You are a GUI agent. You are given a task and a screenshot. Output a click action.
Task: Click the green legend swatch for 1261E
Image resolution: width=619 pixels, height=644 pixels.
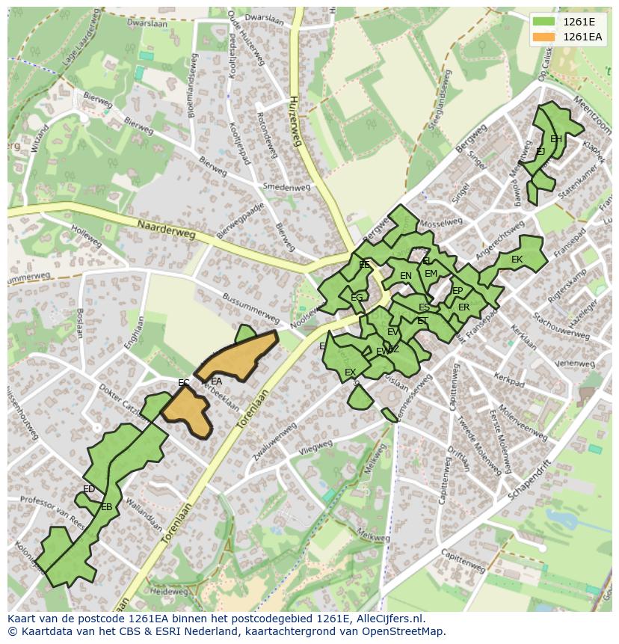coord(544,22)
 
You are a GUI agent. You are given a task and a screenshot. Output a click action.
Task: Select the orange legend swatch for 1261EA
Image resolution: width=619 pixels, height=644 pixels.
coord(544,37)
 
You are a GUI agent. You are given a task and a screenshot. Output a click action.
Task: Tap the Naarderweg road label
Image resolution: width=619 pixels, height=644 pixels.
coord(166,229)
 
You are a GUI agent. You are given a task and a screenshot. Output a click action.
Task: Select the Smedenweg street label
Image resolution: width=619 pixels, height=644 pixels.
coord(286,187)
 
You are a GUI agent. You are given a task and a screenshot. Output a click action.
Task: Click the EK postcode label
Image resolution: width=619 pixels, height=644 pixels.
coord(517,260)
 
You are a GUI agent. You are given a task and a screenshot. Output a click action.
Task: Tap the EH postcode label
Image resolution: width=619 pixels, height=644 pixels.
coord(555,139)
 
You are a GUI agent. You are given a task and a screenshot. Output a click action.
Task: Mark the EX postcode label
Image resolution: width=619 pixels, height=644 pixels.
coord(350,372)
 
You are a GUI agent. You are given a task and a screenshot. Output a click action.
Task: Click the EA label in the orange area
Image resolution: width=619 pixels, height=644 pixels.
coord(217,381)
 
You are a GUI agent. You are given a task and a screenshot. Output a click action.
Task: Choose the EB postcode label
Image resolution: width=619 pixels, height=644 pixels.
coord(107,506)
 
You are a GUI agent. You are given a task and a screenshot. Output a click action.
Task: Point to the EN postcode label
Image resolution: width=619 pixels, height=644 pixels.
coord(406,276)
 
